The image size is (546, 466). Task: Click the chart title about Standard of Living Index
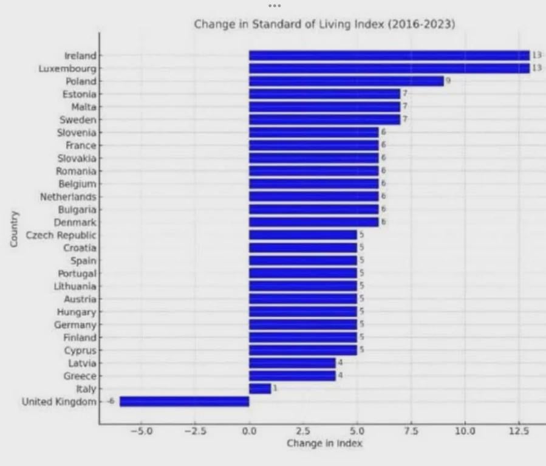(324, 25)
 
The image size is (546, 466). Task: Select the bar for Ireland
(389, 55)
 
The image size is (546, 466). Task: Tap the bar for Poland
(346, 81)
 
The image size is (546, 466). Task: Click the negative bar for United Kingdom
(184, 402)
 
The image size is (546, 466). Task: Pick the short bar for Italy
(260, 389)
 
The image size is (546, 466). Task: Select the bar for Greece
(292, 376)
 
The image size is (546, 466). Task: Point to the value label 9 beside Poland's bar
(448, 81)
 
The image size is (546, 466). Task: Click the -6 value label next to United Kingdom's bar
(111, 402)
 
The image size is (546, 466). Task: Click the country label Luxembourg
(67, 69)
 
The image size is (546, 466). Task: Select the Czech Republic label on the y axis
(61, 235)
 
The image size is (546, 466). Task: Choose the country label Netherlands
(68, 197)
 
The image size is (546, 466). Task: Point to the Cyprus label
(80, 351)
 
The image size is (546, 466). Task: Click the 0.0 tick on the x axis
(249, 431)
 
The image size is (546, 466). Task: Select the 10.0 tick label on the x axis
(465, 431)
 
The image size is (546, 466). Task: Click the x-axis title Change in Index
(324, 444)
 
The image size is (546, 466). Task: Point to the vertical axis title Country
(15, 228)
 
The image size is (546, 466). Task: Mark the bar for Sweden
(324, 120)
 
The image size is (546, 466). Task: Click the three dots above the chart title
(274, 5)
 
